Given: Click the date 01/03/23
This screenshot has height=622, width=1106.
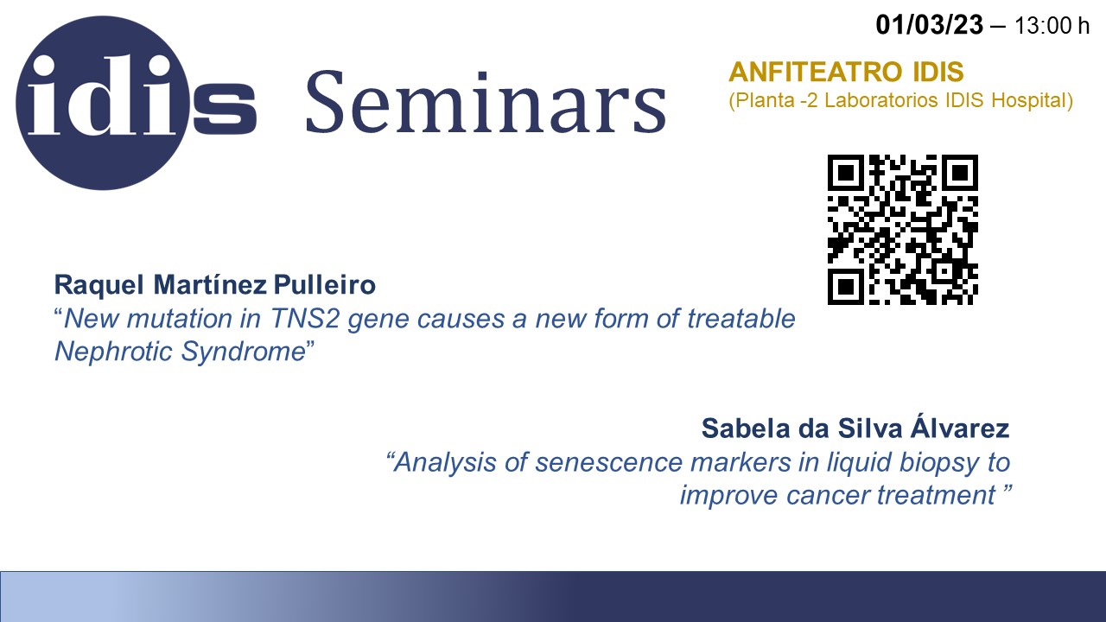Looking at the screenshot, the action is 929,25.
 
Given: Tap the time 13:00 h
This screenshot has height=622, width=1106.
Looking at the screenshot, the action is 1052,26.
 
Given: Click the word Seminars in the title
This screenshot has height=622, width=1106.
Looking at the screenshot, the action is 486,102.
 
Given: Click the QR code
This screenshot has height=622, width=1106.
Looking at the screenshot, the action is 903,230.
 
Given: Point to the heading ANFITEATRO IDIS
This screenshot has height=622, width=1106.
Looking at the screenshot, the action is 846,72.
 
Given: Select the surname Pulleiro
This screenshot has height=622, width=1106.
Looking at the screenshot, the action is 324,285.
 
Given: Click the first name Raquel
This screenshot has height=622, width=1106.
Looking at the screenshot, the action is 99,285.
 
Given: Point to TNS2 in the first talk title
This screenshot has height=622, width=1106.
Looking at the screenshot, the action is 305,319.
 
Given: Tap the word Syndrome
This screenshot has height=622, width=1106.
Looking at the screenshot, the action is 244,352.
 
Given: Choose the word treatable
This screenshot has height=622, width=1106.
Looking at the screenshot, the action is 741,319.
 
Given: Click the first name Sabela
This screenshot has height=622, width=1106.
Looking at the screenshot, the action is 746,428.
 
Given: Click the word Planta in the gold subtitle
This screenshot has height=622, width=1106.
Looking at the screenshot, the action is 763,101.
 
